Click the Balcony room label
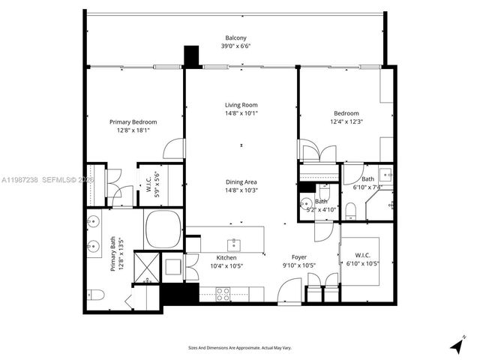[234, 37]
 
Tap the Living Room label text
[241, 105]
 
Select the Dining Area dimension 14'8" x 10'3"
[241, 190]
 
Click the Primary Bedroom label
[133, 121]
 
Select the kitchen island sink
[234, 243]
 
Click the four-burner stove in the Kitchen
[223, 290]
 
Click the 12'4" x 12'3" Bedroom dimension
[346, 122]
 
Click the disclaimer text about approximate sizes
[240, 347]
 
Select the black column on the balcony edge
[192, 56]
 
